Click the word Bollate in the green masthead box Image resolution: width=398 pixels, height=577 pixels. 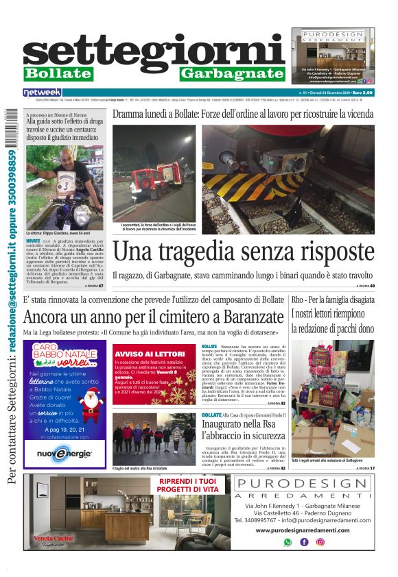[x=58, y=73]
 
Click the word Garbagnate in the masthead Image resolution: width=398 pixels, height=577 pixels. [x=232, y=73]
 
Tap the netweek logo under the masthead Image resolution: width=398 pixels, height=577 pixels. [x=42, y=92]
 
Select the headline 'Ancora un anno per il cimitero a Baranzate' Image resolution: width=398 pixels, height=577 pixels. [x=152, y=317]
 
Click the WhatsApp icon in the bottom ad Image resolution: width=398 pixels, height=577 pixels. [x=288, y=541]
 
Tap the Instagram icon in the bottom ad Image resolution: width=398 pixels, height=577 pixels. [x=320, y=541]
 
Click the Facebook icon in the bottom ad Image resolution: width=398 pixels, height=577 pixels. [x=304, y=541]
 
